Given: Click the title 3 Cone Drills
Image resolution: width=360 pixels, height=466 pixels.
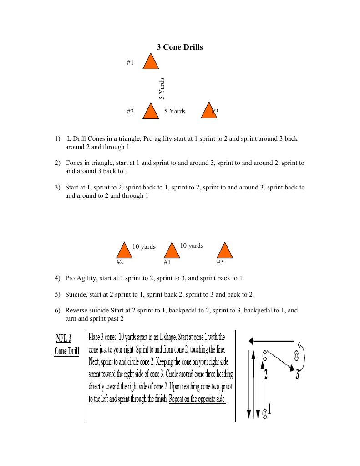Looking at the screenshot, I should coord(180,47).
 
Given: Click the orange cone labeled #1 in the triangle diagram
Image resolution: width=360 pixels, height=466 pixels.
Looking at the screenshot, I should coord(151,62).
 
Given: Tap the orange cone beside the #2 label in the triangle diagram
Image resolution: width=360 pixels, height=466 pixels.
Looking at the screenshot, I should coord(151,111).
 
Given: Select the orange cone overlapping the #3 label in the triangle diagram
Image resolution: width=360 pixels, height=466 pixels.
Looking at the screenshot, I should coord(209,111).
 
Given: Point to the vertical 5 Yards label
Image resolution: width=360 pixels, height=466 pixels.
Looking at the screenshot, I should coord(162,89).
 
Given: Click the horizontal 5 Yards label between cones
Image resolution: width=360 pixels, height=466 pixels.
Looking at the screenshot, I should coord(175,111).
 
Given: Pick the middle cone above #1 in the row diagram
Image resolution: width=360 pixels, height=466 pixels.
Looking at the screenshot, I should coord(171,251).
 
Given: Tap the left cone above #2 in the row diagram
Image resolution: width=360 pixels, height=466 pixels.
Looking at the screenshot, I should coord(123,251).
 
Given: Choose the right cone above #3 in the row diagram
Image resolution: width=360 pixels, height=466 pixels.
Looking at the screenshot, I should coord(224,251).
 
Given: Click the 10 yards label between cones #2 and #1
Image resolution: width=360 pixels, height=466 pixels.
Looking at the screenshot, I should coord(144,247).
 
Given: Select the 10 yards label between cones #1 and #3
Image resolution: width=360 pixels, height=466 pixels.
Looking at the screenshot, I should coord(192,246).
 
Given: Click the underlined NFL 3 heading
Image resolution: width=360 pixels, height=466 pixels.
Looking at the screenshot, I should coord(63,338).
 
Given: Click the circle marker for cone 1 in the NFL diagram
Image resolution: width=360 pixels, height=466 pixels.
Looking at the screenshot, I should coord(264,414).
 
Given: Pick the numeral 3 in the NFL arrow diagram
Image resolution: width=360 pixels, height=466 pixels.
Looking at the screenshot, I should coord(298,374).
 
